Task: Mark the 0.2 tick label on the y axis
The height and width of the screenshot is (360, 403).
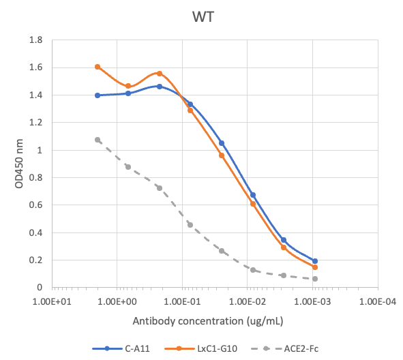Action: point(36,260)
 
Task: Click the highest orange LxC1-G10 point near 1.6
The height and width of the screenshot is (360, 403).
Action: point(98,67)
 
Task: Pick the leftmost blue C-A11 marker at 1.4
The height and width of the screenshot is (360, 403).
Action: point(98,95)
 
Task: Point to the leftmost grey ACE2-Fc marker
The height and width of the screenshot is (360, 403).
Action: point(98,140)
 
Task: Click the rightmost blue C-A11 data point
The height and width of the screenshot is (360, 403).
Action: point(315,261)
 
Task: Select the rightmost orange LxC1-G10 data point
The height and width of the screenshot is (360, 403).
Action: point(315,267)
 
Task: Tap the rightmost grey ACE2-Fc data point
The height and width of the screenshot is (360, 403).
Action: point(315,279)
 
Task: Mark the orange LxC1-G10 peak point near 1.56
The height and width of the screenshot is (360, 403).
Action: point(160,74)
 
